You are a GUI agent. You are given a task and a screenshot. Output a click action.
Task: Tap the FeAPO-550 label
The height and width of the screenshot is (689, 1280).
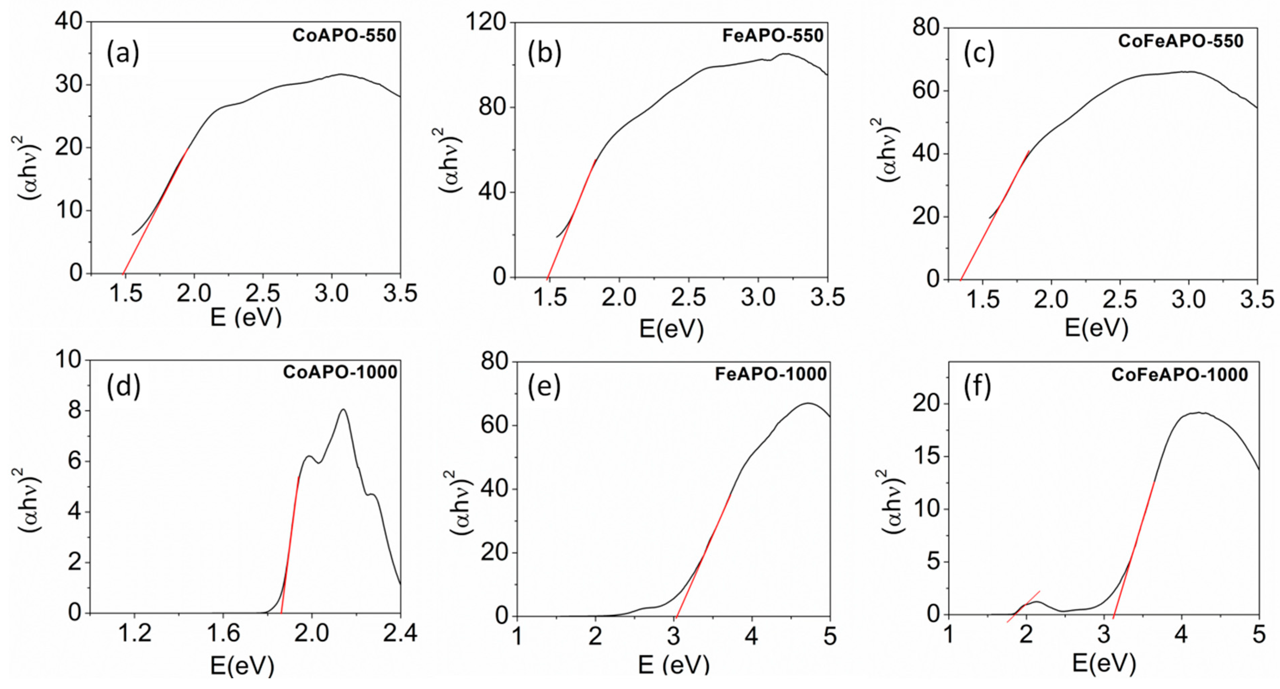click(x=773, y=36)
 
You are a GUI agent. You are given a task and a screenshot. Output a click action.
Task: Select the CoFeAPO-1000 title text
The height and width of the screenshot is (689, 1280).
click(x=1180, y=374)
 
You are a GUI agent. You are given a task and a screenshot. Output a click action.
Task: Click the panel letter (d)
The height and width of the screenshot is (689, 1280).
click(x=123, y=387)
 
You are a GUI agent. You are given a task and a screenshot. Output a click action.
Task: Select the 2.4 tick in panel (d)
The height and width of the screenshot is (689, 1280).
click(x=401, y=633)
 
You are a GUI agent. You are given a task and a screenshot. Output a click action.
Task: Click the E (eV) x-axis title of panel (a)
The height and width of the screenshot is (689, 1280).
click(x=245, y=317)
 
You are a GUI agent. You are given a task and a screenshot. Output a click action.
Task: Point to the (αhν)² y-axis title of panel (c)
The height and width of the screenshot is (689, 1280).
click(x=890, y=149)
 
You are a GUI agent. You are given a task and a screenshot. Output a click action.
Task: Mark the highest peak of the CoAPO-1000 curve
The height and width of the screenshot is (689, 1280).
click(x=343, y=410)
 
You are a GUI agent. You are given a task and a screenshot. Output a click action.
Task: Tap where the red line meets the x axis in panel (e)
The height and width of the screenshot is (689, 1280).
click(x=676, y=616)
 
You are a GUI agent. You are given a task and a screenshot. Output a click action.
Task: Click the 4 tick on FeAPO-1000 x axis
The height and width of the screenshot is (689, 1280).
click(x=752, y=636)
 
